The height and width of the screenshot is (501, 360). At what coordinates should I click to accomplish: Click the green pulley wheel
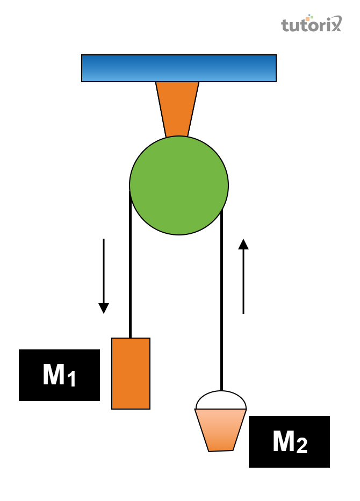179,185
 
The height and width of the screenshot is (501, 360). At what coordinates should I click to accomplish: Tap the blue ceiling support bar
179,68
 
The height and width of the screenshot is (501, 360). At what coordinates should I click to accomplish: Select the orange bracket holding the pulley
177,108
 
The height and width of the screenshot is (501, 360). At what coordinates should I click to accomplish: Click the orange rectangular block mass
131,374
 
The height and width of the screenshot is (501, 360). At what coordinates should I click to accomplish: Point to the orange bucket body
220,429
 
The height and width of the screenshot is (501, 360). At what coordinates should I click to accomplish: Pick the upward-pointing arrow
243,276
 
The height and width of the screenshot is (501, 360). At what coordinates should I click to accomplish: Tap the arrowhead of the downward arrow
104,308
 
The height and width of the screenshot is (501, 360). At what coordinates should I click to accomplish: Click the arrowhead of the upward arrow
243,244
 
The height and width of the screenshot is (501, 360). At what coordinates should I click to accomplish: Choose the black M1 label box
59,375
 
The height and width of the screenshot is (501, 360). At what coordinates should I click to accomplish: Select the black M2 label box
289,442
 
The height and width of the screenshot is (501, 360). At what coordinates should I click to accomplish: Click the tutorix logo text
311,25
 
